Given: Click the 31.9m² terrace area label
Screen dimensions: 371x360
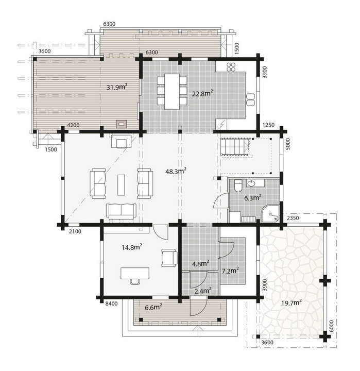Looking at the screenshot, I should tap(116, 87).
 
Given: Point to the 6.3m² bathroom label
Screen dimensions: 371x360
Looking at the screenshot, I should tap(252, 197).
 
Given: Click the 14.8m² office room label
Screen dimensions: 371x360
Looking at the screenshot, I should tap(132, 247).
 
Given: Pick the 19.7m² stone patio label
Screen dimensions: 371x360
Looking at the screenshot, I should tap(292, 302).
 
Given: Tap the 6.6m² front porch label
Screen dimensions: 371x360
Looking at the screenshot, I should tap(153, 307).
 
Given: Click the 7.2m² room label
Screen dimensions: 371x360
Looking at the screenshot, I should tap(230, 270).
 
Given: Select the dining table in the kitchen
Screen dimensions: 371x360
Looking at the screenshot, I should tap(172, 91).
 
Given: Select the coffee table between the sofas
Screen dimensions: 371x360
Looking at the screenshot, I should tap(121, 184).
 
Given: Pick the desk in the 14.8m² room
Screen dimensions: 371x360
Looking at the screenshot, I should tap(135, 273).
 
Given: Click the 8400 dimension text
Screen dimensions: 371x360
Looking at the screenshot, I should tap(111, 303).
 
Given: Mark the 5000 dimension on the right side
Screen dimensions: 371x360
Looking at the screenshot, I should tap(287, 143).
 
